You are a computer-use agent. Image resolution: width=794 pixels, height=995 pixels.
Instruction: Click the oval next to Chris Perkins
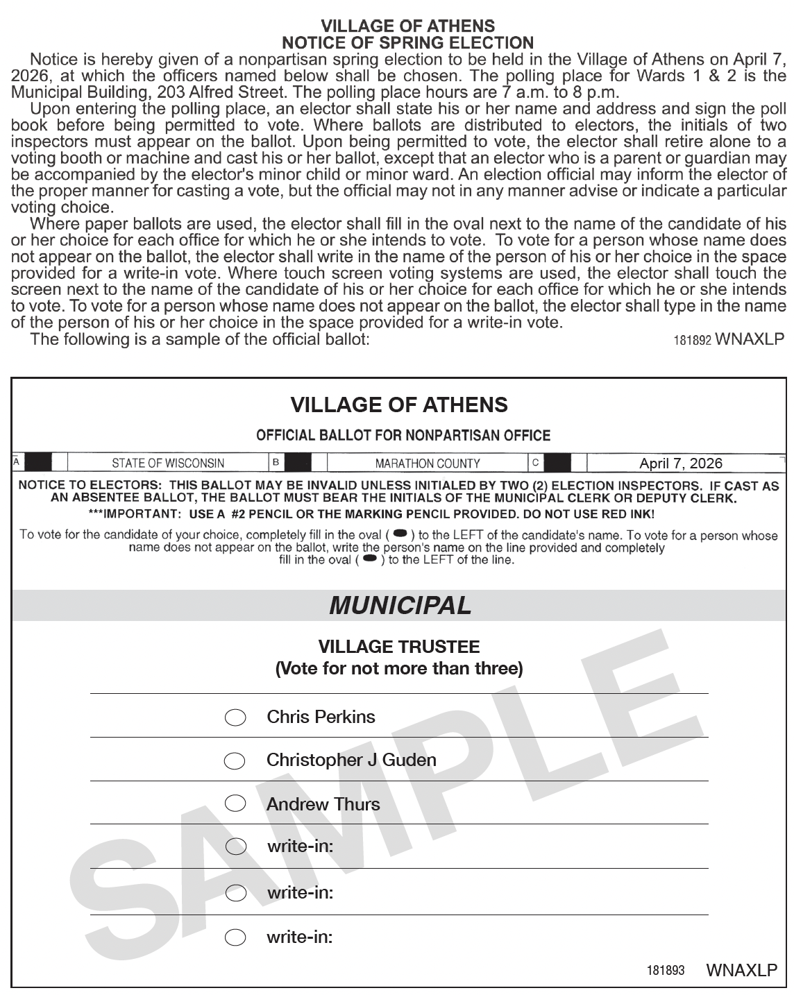235,717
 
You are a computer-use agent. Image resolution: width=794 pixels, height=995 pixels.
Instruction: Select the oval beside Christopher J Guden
235,761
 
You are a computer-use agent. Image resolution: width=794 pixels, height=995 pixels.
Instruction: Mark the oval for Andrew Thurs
235,803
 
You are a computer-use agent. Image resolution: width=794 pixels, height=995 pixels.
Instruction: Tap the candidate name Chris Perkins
321,717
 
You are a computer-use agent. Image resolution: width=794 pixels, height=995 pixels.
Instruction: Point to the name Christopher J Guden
351,760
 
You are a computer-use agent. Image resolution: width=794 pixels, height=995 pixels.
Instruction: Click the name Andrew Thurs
323,804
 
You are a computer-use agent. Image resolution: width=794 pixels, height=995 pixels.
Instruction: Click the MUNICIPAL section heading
400,605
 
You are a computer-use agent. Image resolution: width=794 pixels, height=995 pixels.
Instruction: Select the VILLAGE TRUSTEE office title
398,647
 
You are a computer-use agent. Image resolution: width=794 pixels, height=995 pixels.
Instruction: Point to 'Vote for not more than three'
398,669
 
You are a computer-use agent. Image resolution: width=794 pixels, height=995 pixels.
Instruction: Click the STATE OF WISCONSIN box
168,463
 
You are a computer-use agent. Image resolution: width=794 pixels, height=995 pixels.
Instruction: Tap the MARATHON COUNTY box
427,463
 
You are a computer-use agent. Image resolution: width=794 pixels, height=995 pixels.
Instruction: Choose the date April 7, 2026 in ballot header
680,463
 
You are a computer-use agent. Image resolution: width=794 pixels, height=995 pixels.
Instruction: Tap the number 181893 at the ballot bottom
666,970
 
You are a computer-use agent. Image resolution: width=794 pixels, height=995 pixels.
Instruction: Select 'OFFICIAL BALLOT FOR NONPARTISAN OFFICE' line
403,436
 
